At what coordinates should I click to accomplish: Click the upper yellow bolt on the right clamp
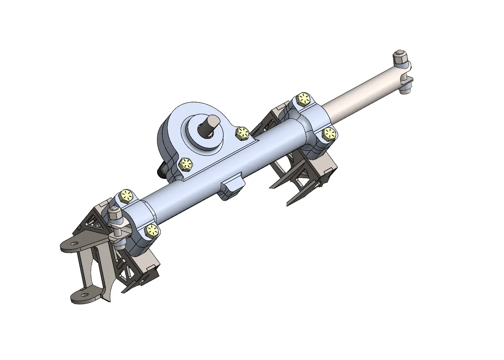[x=304, y=99]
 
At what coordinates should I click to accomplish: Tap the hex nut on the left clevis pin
[x=115, y=215]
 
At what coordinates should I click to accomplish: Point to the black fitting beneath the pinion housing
[x=161, y=170]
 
